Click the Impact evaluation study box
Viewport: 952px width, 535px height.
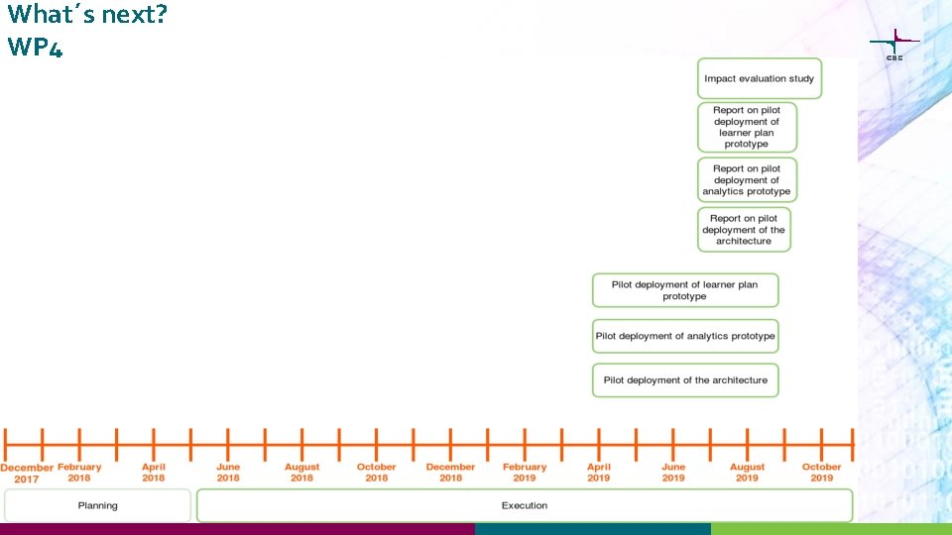[760, 78]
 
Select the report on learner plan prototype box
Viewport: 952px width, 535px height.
[747, 127]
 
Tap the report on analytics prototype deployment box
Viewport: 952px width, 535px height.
[747, 180]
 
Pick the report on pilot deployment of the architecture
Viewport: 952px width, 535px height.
[744, 230]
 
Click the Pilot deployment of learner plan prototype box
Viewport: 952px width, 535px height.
[685, 290]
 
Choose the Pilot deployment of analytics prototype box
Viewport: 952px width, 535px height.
[685, 336]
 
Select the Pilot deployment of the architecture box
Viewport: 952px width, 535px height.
[685, 380]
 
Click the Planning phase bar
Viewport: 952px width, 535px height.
[97, 505]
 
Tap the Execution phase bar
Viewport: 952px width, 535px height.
[525, 505]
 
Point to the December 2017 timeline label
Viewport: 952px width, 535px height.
[27, 473]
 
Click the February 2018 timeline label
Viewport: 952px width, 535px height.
[79, 473]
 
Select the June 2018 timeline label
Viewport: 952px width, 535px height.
[228, 473]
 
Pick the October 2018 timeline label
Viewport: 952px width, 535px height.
[377, 473]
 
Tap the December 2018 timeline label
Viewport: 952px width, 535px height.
[451, 473]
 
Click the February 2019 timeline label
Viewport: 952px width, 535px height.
[525, 473]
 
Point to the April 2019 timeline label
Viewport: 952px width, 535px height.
[599, 473]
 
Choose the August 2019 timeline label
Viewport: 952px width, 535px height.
[748, 473]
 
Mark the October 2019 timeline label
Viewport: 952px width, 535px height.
[822, 473]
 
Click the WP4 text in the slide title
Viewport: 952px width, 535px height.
[35, 47]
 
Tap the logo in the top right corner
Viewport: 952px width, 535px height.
[894, 45]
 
